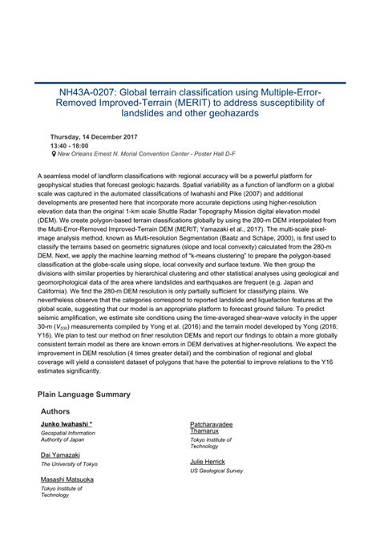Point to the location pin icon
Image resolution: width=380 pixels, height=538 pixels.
coord(53,154)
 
